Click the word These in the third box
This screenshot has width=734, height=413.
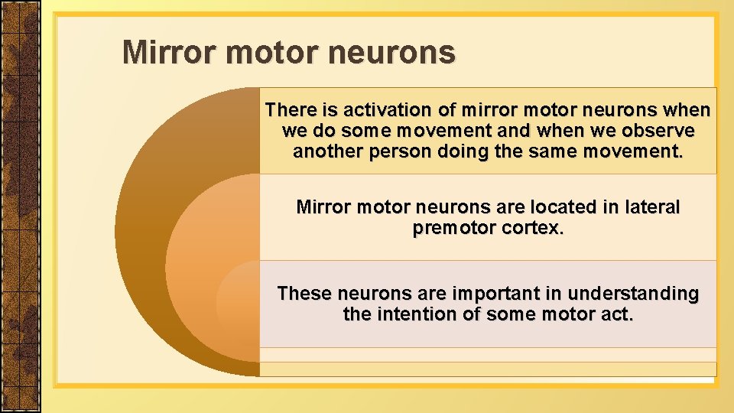(304, 294)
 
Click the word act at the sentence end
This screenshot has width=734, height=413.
(617, 314)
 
